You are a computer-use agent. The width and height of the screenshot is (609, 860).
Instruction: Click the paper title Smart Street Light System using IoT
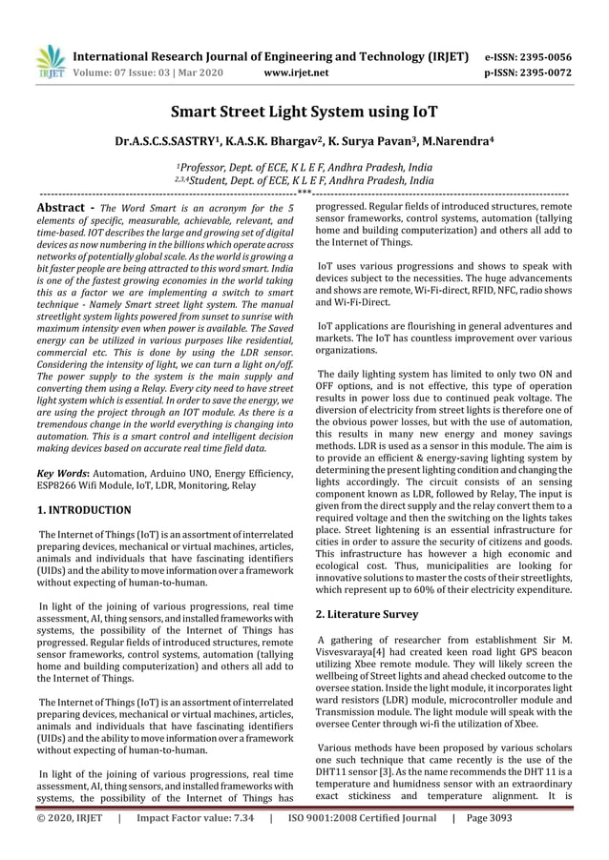coord(304,113)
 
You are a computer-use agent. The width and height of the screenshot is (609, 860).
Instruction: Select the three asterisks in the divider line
coord(304,194)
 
